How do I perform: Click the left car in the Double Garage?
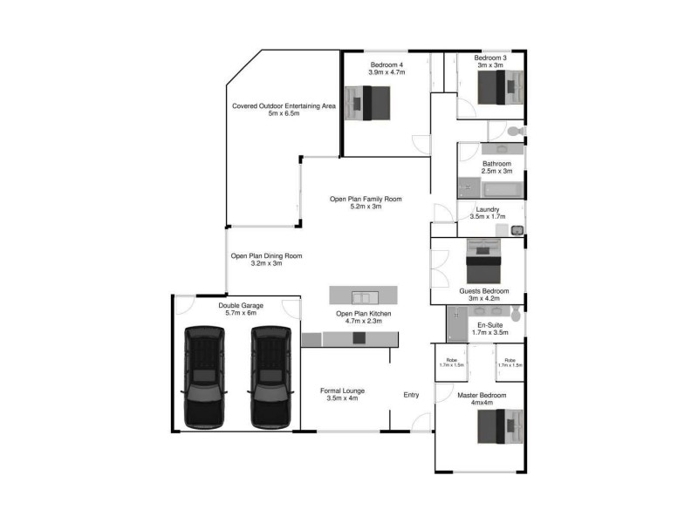coord(202,377)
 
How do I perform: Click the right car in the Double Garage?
coord(270,377)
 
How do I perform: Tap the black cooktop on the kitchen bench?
coord(359,339)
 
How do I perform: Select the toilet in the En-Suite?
coord(517,313)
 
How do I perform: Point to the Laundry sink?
coord(516,230)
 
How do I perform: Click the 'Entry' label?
coord(411,395)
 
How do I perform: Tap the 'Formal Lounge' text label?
coord(342,391)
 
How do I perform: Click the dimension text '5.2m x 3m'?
coord(366,207)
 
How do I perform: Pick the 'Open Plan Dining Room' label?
coord(266,256)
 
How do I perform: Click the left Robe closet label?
coord(451,362)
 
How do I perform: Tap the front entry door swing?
coord(421,423)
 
